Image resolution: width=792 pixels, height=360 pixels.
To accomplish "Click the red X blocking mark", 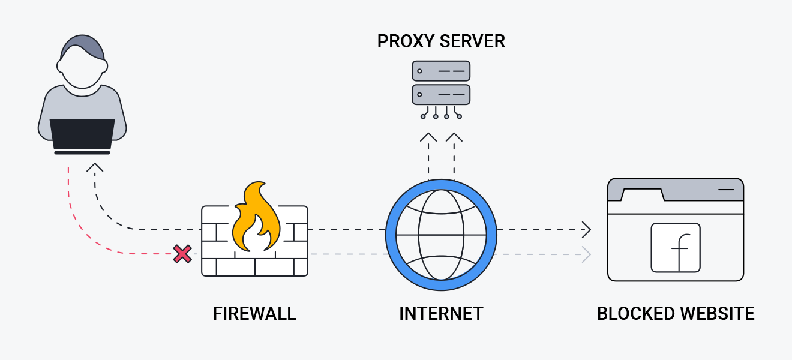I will pos(182,254).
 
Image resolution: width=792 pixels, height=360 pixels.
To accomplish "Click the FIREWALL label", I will pos(254,313).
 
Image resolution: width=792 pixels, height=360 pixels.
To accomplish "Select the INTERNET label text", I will pos(441,313).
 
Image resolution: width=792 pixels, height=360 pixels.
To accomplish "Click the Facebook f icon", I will pos(676,248).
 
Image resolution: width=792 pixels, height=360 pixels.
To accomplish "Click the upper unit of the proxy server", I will pos(441,71).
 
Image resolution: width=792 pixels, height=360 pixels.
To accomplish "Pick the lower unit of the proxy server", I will pos(441,94).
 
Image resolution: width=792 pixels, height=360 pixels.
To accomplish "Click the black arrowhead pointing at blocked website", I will pos(587,229).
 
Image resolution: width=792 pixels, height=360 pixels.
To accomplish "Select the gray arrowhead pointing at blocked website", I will pos(587,254).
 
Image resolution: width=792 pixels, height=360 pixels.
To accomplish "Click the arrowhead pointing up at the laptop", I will pos(94,166).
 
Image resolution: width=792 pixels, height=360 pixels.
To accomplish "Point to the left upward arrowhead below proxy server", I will pos(428,137).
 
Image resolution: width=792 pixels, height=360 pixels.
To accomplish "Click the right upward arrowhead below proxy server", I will pos(454,137).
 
